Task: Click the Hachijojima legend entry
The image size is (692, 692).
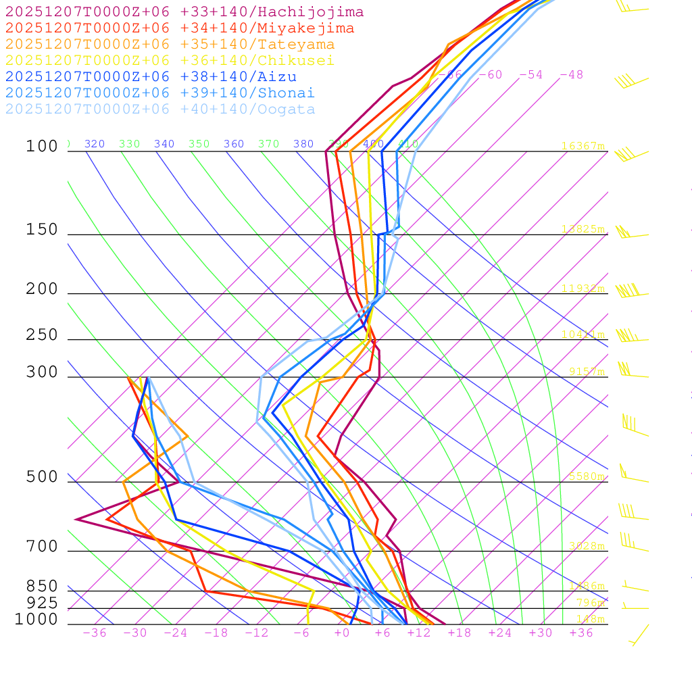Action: (x=184, y=12)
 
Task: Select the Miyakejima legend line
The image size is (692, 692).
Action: (x=180, y=28)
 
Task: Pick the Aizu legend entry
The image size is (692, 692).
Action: (x=151, y=77)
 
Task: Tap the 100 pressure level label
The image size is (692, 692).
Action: (x=42, y=147)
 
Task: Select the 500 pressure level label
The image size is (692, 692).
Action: (x=42, y=477)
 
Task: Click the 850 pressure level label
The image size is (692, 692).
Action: (x=42, y=586)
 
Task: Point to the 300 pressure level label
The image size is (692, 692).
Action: (x=42, y=372)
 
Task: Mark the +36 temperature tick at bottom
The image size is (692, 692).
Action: (x=581, y=633)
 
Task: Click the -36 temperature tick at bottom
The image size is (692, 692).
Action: (x=95, y=633)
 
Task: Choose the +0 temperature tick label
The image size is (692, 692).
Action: (x=342, y=633)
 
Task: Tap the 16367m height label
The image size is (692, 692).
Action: (x=583, y=146)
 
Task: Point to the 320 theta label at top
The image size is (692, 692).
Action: (x=95, y=144)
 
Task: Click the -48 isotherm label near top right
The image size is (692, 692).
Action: (x=571, y=74)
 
